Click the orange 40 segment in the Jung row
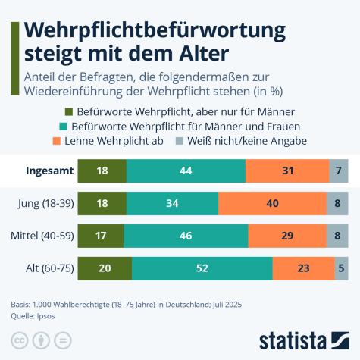coord(272,203)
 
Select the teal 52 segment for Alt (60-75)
coord(202,268)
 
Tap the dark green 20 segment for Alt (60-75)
coord(105,268)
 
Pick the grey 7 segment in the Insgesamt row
coord(339,171)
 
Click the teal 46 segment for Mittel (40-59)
coord(186,236)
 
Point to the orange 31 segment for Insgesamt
coord(288,171)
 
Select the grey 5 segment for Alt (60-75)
coord(341,268)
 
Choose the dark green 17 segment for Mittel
coord(101,236)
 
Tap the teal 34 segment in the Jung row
coord(172,203)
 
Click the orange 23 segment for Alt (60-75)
coord(303,268)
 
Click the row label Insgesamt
coord(49,171)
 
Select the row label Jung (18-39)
coord(45,203)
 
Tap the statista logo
coord(303,338)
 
